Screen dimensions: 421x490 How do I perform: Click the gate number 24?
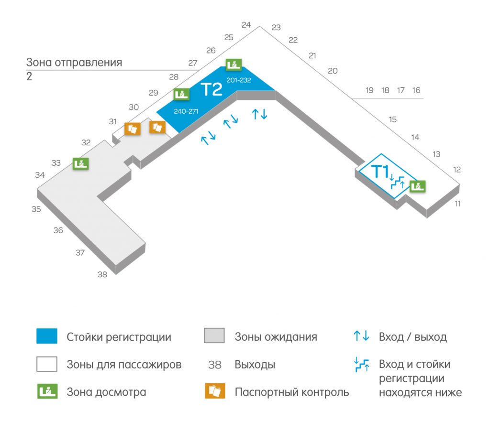[246, 25]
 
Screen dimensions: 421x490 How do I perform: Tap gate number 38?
[102, 274]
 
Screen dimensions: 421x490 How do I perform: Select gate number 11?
[457, 204]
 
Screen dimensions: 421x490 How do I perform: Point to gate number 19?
[369, 90]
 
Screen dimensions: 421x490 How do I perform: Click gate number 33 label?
[56, 163]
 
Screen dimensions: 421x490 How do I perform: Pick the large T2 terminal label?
[212, 89]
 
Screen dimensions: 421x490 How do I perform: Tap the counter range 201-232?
[239, 80]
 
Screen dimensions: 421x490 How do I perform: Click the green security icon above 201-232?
[234, 65]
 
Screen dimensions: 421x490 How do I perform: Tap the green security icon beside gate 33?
[81, 163]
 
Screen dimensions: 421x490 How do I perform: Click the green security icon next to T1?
[418, 186]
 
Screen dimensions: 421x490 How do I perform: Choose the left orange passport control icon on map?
[133, 129]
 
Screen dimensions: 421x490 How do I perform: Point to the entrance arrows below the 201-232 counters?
[260, 114]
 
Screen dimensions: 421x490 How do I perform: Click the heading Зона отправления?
[74, 62]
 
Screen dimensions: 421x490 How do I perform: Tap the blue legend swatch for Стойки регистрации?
[47, 336]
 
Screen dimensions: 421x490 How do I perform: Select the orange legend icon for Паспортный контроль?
[215, 391]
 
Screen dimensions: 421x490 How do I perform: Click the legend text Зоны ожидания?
[276, 336]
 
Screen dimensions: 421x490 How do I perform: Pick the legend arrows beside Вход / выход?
[361, 336]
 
